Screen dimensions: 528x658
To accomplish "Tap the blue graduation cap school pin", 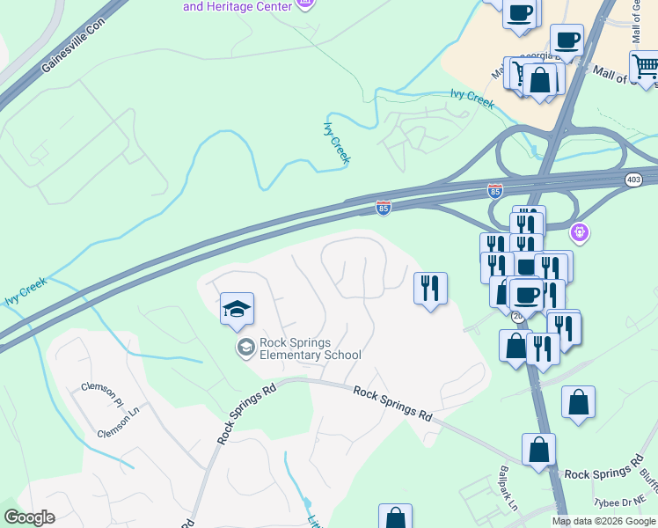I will click(x=237, y=310).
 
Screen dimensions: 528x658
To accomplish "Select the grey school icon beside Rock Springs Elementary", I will click(x=245, y=348).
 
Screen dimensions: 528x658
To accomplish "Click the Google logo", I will click(x=30, y=517).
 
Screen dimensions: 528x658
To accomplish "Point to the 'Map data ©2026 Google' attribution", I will click(x=603, y=521).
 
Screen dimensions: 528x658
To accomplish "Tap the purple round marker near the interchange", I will click(x=579, y=232).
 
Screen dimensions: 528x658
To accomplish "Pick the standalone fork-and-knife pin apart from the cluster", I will click(x=430, y=289).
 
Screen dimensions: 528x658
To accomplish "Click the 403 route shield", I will click(x=633, y=180).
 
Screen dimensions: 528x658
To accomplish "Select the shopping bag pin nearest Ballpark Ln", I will click(x=538, y=451).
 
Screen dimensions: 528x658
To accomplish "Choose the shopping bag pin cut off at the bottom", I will click(x=395, y=517).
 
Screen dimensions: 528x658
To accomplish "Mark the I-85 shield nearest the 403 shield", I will click(x=495, y=190).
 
